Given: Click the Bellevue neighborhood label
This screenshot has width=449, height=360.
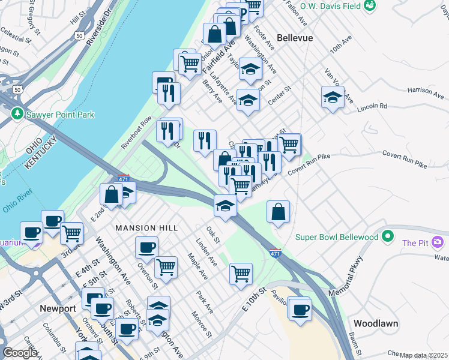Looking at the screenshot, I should click(295, 37).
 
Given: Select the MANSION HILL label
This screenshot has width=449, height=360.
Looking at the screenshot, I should click(146, 228).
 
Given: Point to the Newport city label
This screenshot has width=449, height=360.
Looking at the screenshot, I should click(58, 308).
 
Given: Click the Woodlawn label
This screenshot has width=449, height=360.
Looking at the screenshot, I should click(376, 323).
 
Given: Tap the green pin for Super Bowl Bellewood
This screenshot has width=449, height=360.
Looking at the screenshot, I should click(388, 236).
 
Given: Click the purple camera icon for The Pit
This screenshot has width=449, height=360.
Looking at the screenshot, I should click(438, 242).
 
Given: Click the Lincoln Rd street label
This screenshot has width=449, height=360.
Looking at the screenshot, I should click(372, 106).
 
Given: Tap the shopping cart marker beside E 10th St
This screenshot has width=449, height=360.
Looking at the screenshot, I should click(241, 273).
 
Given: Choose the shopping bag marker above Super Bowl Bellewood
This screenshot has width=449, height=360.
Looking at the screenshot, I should click(278, 211).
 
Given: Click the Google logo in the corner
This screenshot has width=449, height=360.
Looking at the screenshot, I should click(20, 353).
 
